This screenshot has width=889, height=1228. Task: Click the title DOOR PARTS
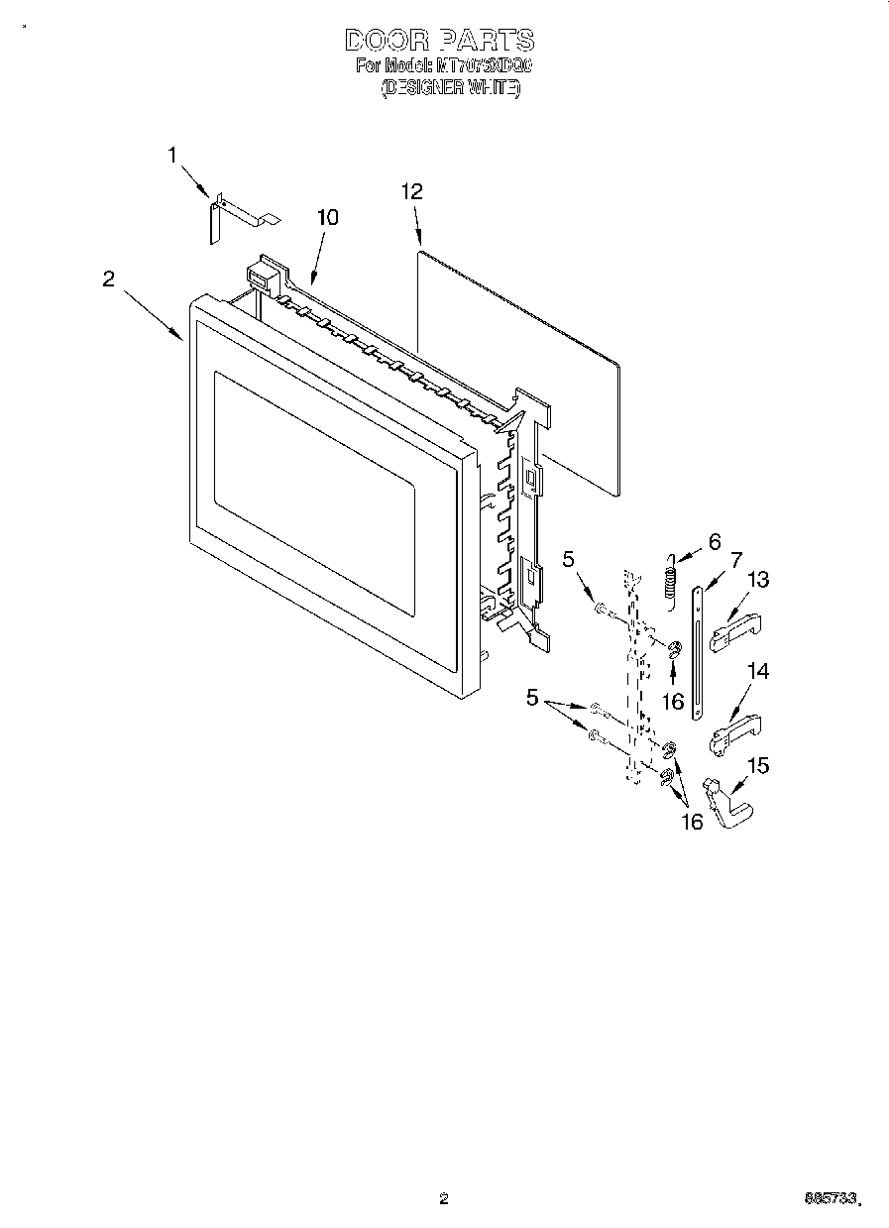[439, 41]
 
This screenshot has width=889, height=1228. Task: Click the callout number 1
[172, 155]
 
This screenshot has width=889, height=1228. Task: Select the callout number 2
[109, 279]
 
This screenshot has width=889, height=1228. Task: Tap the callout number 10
[327, 218]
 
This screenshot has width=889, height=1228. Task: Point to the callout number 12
[411, 192]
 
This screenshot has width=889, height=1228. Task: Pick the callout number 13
[758, 580]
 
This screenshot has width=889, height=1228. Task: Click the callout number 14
[758, 672]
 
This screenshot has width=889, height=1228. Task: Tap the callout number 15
[758, 765]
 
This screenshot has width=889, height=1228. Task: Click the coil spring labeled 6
[671, 579]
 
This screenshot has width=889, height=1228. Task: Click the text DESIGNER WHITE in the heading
[451, 87]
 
